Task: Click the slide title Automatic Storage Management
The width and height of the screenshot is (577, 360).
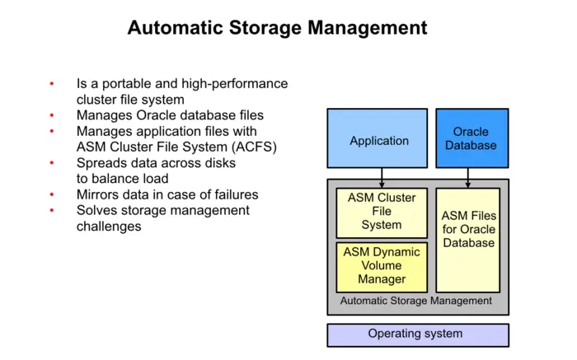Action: tap(277, 28)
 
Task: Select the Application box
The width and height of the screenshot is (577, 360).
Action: tap(378, 141)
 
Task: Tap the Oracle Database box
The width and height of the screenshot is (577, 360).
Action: tap(471, 138)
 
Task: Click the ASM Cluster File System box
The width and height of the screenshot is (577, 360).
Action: tap(382, 211)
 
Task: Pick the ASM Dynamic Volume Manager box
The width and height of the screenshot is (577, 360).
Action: tap(382, 266)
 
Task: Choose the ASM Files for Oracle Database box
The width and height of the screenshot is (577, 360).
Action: tap(468, 229)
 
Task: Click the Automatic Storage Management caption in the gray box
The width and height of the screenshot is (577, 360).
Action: tap(415, 301)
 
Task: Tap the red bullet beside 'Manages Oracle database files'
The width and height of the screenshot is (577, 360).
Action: tap(52, 115)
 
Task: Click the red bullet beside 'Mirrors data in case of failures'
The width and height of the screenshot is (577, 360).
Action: tap(52, 195)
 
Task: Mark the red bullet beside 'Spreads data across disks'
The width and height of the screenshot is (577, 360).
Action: tap(52, 163)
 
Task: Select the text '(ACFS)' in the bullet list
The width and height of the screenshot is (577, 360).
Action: tap(251, 147)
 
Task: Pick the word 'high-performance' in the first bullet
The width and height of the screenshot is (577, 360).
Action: tap(237, 84)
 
